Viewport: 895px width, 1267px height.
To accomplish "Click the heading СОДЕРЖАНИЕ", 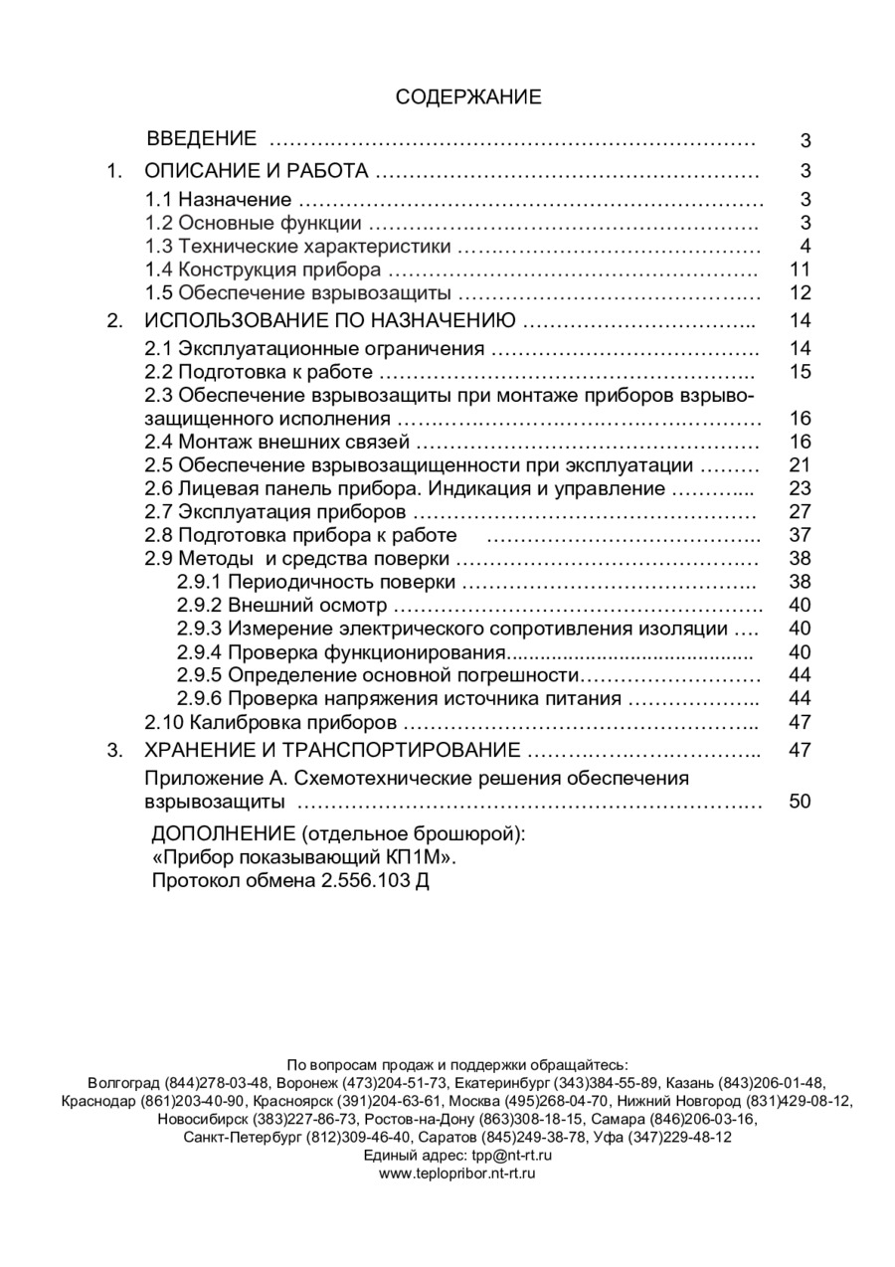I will click(x=468, y=96).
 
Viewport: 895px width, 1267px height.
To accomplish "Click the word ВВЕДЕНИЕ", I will click(x=202, y=138).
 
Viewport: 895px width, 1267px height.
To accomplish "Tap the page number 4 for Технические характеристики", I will click(x=805, y=247).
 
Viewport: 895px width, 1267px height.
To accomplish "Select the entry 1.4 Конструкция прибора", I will click(x=263, y=270).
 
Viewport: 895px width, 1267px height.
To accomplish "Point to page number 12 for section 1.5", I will click(x=800, y=293).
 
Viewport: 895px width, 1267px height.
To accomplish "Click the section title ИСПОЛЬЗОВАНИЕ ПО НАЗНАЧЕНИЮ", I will click(x=330, y=320).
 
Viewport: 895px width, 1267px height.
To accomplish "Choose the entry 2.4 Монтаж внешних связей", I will click(x=277, y=442).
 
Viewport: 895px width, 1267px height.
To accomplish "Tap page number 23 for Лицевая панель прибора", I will click(x=800, y=488).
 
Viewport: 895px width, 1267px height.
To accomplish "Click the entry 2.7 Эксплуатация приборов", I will click(x=275, y=512).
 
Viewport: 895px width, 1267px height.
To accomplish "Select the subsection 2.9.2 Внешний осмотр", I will click(x=283, y=605).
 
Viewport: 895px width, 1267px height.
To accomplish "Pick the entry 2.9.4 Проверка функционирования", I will click(x=341, y=651).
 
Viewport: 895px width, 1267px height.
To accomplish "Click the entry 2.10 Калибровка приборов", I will click(x=271, y=722).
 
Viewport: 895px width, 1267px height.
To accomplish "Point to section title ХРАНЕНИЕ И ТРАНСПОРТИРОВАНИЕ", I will click(x=333, y=749).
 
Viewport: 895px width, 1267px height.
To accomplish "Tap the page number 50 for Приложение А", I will click(x=800, y=801).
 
